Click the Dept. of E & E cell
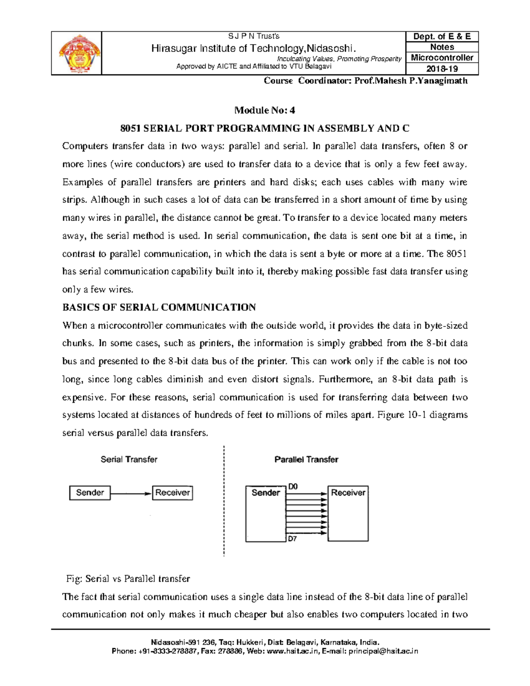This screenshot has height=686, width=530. (x=442, y=37)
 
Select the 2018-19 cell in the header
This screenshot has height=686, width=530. (x=442, y=69)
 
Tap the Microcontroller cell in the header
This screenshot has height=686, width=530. (x=442, y=58)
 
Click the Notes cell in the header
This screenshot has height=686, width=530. (x=442, y=47)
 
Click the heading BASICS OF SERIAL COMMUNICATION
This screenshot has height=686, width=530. (x=159, y=307)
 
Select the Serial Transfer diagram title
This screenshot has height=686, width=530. (x=129, y=459)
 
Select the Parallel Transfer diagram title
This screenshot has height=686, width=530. (x=306, y=459)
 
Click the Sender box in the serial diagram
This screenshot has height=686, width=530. (x=90, y=493)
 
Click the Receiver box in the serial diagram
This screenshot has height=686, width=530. (x=172, y=493)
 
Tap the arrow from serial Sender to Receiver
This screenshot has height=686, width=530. (x=131, y=493)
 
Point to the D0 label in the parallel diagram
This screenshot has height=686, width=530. (x=293, y=486)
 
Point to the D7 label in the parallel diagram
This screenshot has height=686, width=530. (x=292, y=539)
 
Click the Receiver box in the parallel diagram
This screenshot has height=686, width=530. (x=348, y=514)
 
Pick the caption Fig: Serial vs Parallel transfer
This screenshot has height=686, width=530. (x=128, y=579)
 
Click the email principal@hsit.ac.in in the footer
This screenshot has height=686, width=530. (x=383, y=651)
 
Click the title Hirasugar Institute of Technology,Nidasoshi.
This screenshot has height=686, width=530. (x=254, y=48)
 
